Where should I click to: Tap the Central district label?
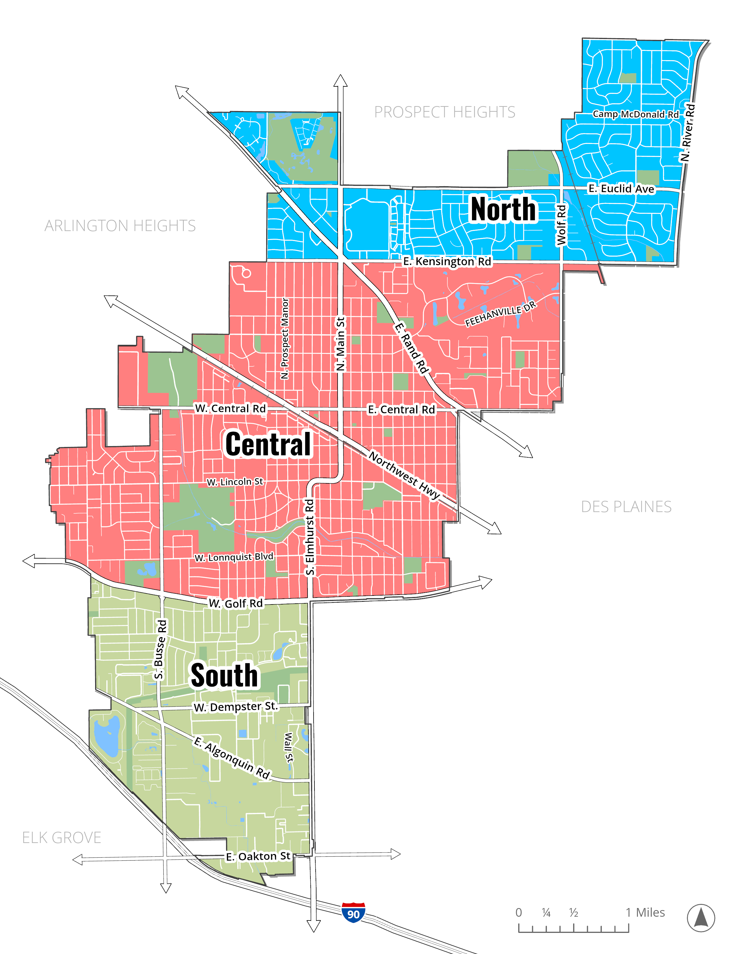click(268, 444)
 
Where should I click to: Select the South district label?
click(224, 675)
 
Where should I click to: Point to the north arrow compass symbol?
click(701, 918)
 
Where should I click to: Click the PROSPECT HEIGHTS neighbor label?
click(445, 112)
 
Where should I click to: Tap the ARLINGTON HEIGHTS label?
click(120, 226)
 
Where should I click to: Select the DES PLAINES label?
click(626, 507)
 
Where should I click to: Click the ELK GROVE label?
click(62, 837)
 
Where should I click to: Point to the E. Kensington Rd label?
click(447, 261)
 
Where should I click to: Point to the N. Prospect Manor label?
click(285, 338)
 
